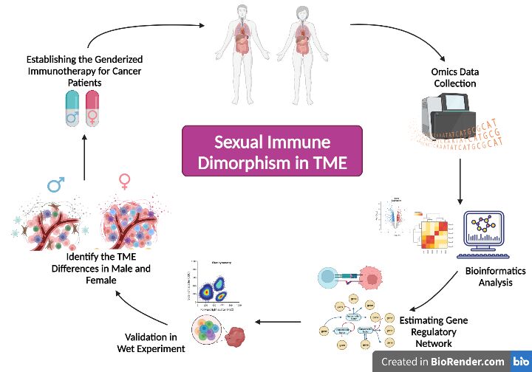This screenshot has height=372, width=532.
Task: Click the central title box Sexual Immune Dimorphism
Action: pos(272,152)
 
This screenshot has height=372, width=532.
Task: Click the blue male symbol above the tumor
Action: pos(55,184)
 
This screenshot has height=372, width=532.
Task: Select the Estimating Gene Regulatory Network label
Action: pos(435,332)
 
